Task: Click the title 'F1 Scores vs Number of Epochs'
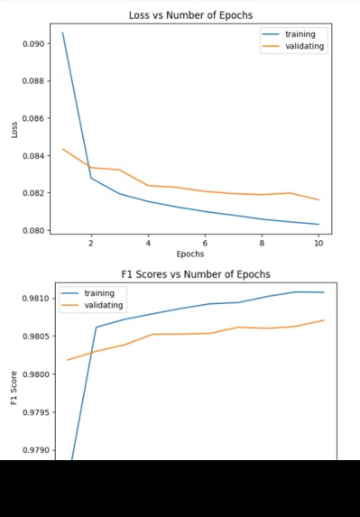pyautogui.click(x=196, y=274)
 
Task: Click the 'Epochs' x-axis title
pyautogui.click(x=190, y=254)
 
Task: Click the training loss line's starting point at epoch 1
pyautogui.click(x=62, y=33)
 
